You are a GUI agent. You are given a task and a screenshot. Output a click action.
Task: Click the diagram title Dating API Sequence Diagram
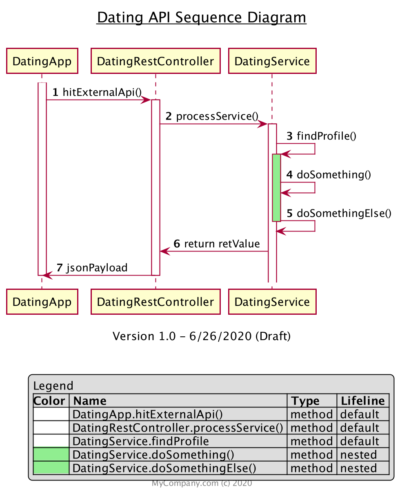click(201, 18)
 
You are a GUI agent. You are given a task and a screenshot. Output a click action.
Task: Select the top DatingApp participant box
click(42, 61)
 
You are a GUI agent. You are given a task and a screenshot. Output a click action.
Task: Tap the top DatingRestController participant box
click(155, 61)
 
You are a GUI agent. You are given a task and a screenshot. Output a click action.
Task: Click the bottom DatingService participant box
click(272, 302)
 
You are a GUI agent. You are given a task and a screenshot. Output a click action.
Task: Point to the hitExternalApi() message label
click(102, 92)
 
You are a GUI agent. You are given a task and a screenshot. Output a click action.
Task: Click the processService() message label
click(217, 116)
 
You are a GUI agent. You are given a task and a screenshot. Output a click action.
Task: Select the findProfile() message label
click(326, 136)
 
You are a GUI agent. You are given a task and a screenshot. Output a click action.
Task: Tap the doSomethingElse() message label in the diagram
click(344, 213)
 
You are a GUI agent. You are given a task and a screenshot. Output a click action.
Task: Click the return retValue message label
click(222, 244)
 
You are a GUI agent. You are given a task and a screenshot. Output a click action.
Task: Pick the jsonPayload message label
click(97, 268)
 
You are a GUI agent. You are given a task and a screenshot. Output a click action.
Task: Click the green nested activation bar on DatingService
click(276, 188)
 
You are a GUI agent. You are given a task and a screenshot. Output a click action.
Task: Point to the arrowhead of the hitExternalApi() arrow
click(147, 100)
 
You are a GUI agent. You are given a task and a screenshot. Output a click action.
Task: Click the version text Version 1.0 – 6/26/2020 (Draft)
click(201, 336)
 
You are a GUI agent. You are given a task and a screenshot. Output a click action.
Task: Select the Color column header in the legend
click(49, 400)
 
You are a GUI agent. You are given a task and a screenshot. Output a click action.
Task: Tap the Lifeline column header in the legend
click(362, 400)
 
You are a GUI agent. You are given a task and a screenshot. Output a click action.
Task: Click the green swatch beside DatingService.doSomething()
click(51, 455)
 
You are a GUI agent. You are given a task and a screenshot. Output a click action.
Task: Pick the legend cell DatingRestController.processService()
click(178, 428)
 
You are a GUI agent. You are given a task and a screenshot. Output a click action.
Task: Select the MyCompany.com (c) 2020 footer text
click(202, 483)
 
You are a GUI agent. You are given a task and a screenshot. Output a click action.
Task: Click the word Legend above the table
click(53, 386)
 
